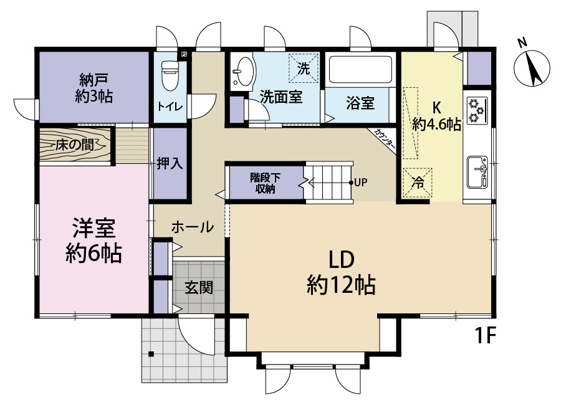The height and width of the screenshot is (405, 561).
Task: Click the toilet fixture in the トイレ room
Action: click(170, 75)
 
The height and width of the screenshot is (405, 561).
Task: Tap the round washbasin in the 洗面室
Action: click(244, 72)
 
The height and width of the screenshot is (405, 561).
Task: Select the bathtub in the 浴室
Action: click(361, 70)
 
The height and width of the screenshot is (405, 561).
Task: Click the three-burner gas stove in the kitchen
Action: click(477, 110)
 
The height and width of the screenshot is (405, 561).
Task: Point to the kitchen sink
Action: click(477, 173)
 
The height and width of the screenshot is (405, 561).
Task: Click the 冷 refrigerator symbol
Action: click(417, 183)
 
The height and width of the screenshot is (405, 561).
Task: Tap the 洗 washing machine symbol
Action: click(304, 68)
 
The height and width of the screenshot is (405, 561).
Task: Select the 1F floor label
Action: click(485, 335)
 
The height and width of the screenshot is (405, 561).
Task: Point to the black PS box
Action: click(184, 55)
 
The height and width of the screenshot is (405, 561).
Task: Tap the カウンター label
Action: click(385, 139)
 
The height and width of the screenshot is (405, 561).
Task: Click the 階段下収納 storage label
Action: click(265, 183)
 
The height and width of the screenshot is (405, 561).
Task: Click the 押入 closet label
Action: click(170, 163)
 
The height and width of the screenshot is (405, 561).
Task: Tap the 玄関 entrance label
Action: click(199, 287)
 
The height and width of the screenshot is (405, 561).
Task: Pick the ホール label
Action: click(193, 227)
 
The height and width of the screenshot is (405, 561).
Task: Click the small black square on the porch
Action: click(151, 354)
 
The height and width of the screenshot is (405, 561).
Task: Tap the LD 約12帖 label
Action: click(341, 273)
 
